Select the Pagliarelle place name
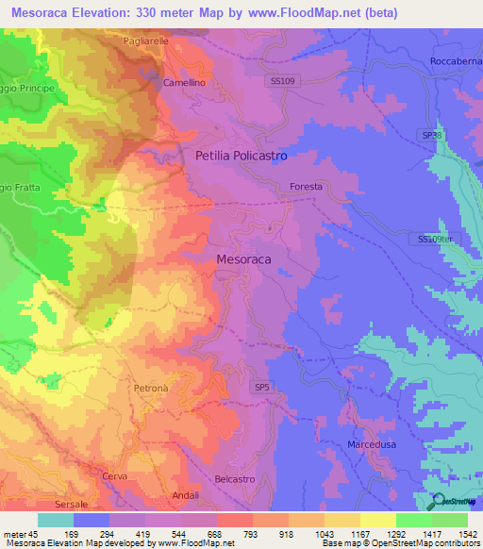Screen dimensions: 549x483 [x=146, y=42]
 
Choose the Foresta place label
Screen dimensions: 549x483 [x=307, y=187]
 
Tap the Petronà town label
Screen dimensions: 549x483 [x=151, y=388]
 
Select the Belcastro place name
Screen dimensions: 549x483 [x=236, y=479]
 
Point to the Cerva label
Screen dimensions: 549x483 [x=114, y=476]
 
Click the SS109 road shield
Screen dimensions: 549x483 [x=282, y=82]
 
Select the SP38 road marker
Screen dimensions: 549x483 [x=431, y=136]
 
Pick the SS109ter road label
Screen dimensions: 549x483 [x=435, y=240]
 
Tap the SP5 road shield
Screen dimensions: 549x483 [x=261, y=387]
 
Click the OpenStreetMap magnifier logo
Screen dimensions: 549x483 [x=439, y=501]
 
